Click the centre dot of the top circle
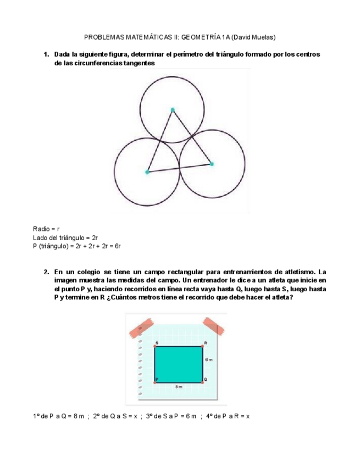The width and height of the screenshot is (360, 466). click(x=173, y=110)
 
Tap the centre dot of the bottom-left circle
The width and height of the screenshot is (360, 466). click(x=147, y=172)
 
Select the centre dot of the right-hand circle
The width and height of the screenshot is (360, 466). click(x=212, y=164)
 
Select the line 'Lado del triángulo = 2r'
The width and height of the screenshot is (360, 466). click(x=65, y=237)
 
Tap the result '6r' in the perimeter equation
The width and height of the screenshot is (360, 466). click(x=117, y=246)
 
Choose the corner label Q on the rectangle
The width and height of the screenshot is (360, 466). click(x=206, y=379)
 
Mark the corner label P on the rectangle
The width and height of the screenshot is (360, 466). click(x=157, y=379)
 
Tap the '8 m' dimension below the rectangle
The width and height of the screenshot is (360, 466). click(x=179, y=387)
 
